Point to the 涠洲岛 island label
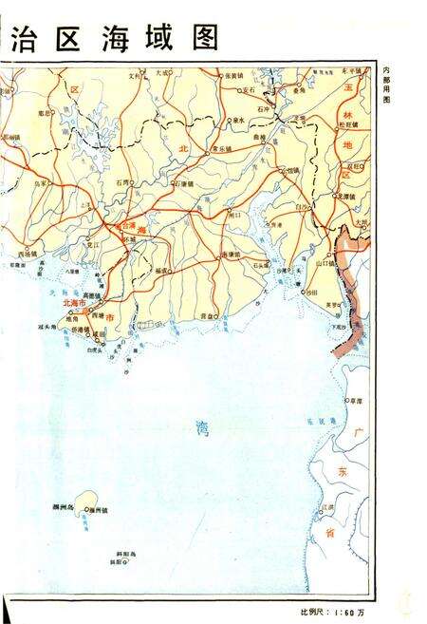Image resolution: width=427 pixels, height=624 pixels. [65, 510]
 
